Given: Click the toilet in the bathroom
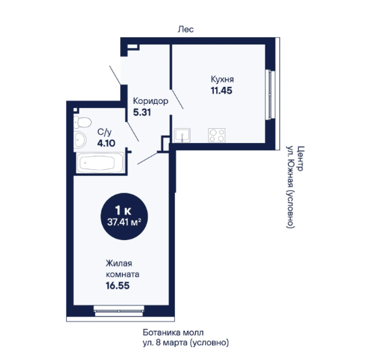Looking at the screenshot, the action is pyautogui.click(x=82, y=122).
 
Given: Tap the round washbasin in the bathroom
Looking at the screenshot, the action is pyautogui.click(x=80, y=140).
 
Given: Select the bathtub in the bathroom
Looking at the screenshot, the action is pyautogui.click(x=100, y=162).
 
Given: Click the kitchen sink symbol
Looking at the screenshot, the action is pyautogui.click(x=182, y=135).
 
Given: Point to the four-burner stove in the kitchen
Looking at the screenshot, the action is pyautogui.click(x=217, y=135).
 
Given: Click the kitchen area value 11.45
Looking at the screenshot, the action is pyautogui.click(x=221, y=90).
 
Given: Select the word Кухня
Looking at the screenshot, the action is pyautogui.click(x=222, y=79).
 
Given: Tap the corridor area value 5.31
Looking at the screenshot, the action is pyautogui.click(x=142, y=113).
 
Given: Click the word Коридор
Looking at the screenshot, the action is pyautogui.click(x=151, y=101).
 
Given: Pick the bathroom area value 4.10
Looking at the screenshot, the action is pyautogui.click(x=106, y=143).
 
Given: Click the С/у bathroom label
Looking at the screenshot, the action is pyautogui.click(x=105, y=132).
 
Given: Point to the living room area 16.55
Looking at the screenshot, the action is pyautogui.click(x=117, y=286).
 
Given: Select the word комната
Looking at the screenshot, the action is pyautogui.click(x=123, y=274).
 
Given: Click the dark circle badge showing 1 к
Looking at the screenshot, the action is pyautogui.click(x=124, y=216).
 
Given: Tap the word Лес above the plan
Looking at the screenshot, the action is pyautogui.click(x=186, y=29).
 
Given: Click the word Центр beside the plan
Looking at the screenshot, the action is pyautogui.click(x=300, y=158).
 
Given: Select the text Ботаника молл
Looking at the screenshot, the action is pyautogui.click(x=173, y=332).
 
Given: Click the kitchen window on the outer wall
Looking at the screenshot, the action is pyautogui.click(x=271, y=94).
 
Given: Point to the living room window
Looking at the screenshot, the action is pyautogui.click(x=119, y=311).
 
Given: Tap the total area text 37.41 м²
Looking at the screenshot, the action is pyautogui.click(x=124, y=222).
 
